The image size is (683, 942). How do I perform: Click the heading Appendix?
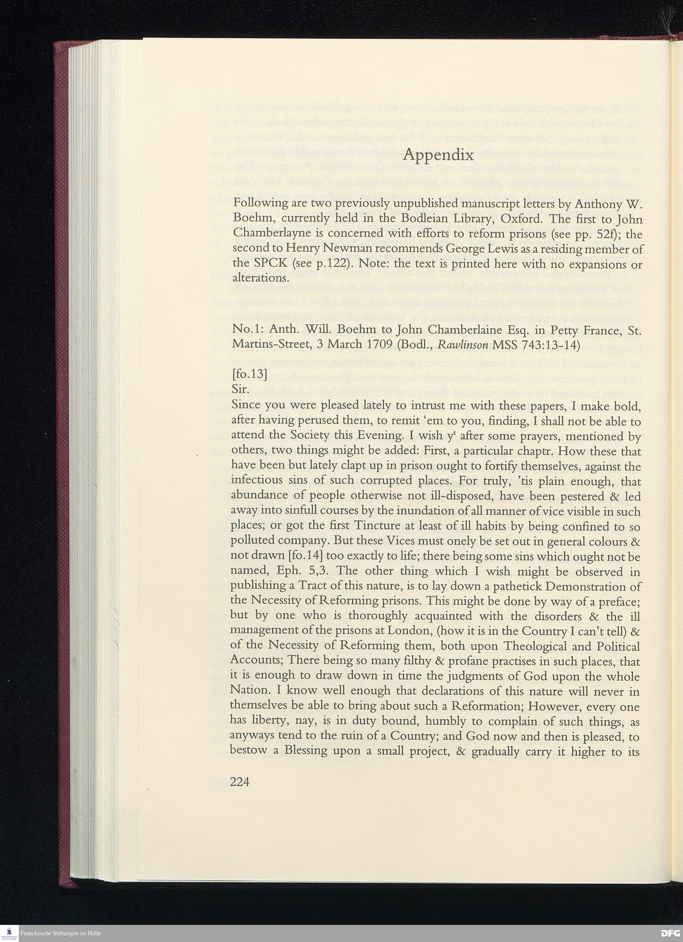coord(438,155)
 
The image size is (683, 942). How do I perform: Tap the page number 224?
coord(239,782)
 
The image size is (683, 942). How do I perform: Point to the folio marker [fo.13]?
coord(249,374)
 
